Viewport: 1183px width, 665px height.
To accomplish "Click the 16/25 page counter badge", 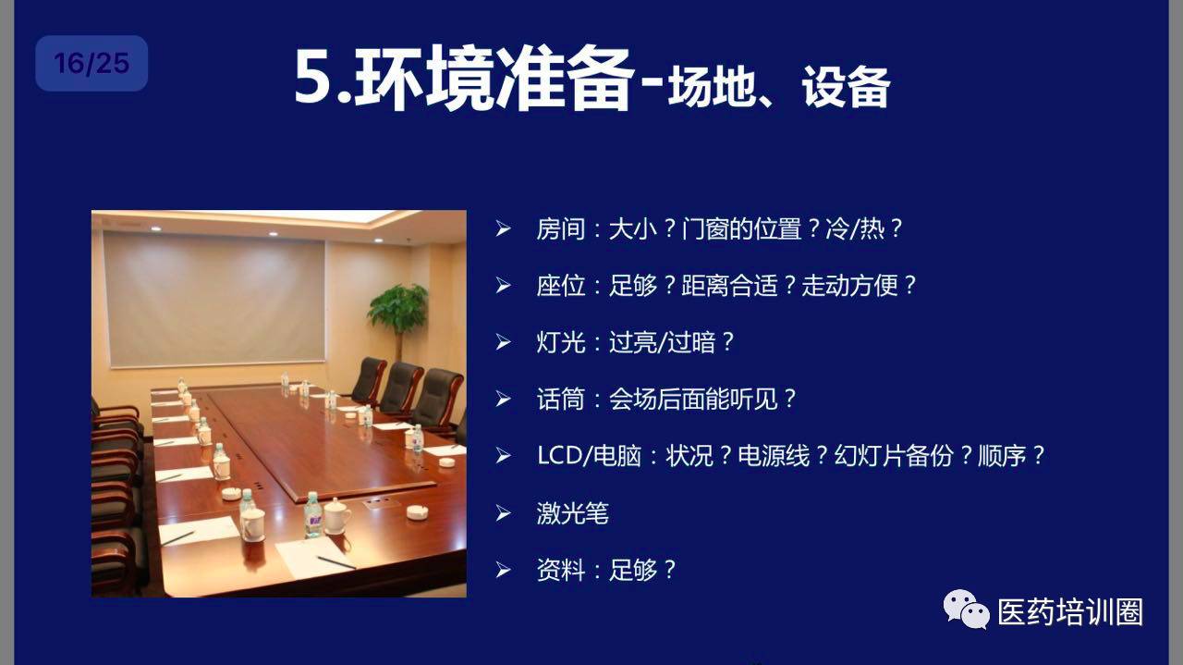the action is [91, 64].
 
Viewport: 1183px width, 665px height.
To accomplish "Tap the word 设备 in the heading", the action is [846, 87].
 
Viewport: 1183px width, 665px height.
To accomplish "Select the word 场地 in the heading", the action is [712, 87].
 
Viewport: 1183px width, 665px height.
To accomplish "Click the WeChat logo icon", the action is [966, 610].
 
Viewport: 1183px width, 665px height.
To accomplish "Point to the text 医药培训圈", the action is [1070, 611].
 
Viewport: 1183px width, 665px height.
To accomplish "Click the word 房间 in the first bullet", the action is [560, 229].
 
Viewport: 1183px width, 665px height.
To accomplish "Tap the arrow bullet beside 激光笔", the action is [504, 513].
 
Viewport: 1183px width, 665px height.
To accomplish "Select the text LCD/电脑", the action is [589, 456].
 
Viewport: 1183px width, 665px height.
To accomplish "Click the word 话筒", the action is [560, 400].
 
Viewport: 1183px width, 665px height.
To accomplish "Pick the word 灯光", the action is [560, 342].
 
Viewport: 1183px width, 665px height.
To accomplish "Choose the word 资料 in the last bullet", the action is [560, 570].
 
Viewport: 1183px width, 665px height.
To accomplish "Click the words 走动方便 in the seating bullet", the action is [849, 286].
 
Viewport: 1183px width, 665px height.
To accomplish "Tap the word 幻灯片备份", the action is [894, 456].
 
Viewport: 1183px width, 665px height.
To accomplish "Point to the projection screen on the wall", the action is [215, 300].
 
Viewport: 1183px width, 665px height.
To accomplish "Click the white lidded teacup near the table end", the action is [336, 515].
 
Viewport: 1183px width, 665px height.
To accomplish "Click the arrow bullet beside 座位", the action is [504, 286].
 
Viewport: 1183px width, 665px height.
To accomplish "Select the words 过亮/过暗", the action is [663, 342].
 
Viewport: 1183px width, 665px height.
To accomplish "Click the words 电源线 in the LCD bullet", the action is [774, 456].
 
